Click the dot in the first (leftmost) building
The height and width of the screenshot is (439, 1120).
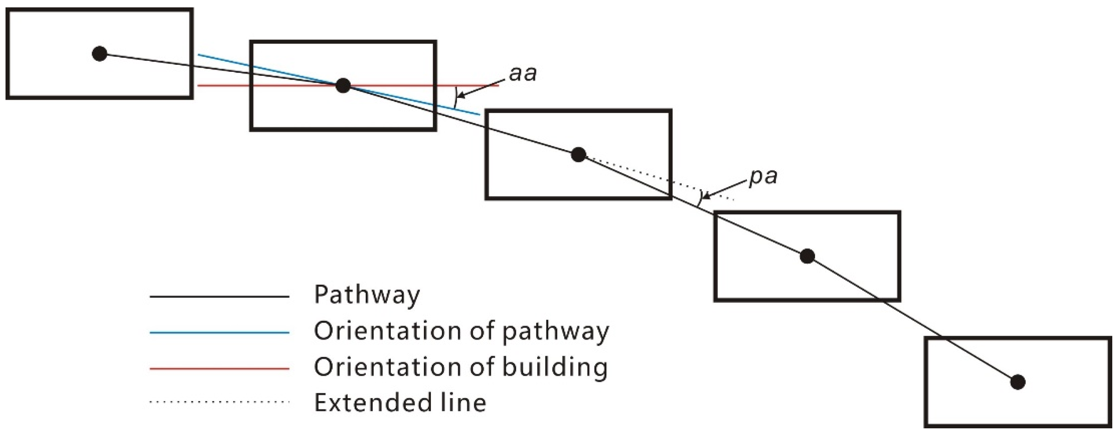100,54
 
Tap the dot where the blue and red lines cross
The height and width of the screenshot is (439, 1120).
343,85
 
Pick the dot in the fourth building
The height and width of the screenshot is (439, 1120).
807,256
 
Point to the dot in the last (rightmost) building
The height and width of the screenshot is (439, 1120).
1018,382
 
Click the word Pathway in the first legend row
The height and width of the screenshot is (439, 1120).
367,295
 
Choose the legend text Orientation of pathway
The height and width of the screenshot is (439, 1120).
461,331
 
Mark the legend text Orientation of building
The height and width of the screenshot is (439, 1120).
460,368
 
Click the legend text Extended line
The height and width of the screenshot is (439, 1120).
400,403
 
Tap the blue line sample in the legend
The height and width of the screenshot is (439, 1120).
219,333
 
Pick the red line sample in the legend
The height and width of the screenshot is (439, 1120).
219,369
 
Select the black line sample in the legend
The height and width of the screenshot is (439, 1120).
219,297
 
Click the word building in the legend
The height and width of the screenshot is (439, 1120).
554,368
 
